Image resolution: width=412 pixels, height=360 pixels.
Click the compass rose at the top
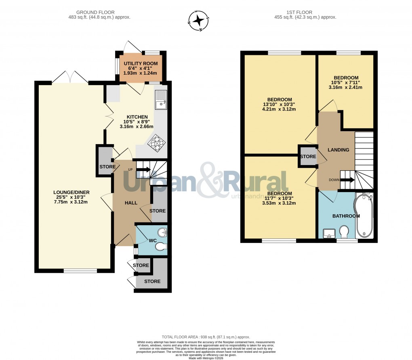click(x=198, y=20)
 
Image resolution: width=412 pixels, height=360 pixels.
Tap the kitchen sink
click(x=161, y=99)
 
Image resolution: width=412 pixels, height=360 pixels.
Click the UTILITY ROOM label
click(x=141, y=64)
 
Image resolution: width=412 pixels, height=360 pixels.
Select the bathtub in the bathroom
click(x=364, y=216)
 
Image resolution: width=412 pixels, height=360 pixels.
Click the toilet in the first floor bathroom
click(x=345, y=232)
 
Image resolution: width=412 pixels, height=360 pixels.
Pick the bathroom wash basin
click(x=329, y=233)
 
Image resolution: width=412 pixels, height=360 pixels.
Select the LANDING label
click(x=338, y=150)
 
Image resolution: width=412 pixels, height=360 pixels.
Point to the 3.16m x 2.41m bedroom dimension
click(x=346, y=87)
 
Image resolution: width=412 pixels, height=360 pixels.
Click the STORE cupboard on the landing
click(x=308, y=157)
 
